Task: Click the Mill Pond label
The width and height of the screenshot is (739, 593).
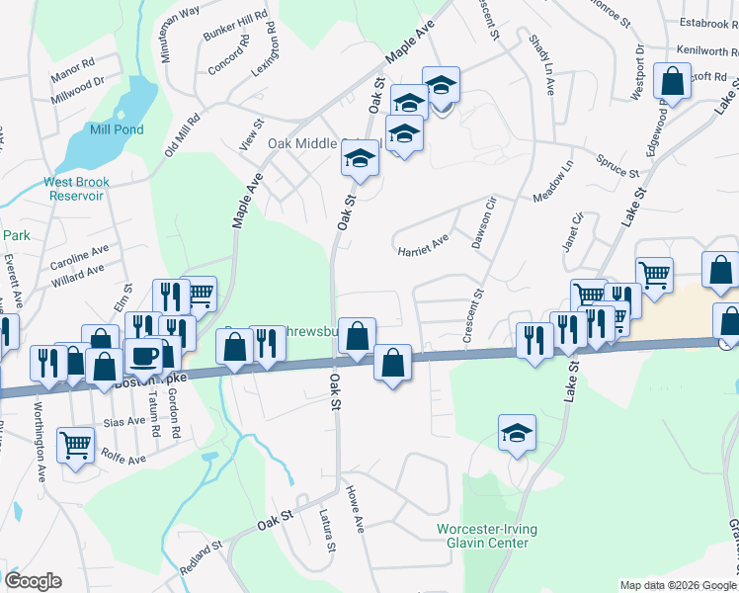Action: [116, 129]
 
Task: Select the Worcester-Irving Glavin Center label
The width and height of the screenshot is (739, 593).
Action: [487, 536]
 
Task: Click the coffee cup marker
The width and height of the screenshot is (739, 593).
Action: [143, 356]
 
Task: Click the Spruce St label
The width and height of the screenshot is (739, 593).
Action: [617, 166]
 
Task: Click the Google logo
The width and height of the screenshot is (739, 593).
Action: [33, 581]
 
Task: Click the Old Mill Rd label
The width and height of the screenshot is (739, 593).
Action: [183, 133]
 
